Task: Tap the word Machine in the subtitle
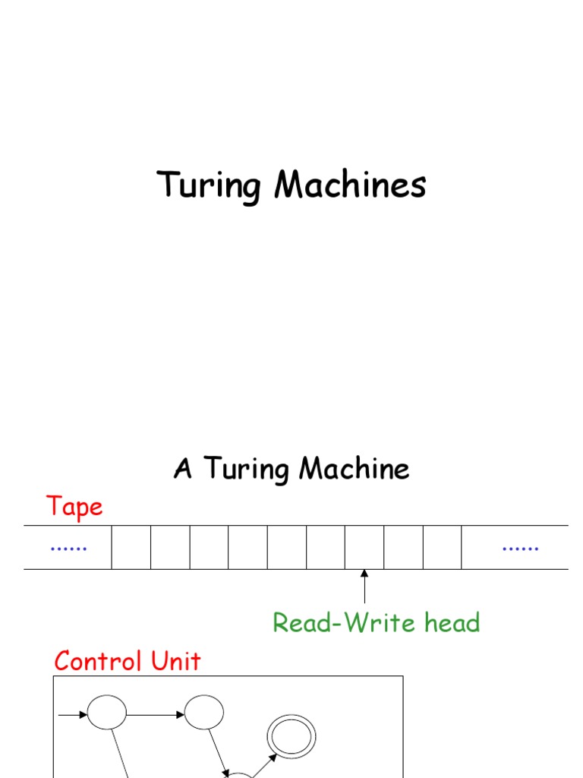pos(355,469)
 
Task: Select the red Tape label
pos(74,507)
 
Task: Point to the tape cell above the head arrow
pos(364,547)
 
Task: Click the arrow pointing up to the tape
pos(364,587)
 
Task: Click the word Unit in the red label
pos(176,661)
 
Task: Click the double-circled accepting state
pos(291,737)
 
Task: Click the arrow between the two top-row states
pos(156,714)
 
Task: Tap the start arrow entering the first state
pos(73,714)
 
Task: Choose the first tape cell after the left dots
pos(131,547)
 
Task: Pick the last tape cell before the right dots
pos(443,547)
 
